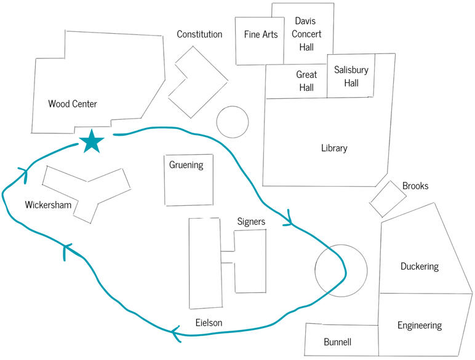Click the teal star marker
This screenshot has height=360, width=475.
click(x=92, y=142)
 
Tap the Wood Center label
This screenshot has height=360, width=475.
click(x=73, y=104)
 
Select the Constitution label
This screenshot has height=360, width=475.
click(x=199, y=34)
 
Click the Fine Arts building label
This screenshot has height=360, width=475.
click(x=261, y=35)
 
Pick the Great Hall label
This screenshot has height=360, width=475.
click(x=306, y=80)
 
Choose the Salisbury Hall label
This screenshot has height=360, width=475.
click(x=351, y=76)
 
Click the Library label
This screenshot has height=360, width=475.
click(x=334, y=148)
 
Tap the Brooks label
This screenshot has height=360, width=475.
click(x=415, y=186)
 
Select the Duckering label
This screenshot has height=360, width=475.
click(x=420, y=267)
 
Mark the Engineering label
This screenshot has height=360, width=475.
click(x=420, y=325)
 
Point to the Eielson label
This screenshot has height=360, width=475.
click(x=209, y=323)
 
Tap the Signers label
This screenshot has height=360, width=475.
click(x=251, y=221)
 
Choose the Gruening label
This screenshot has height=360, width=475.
click(x=186, y=165)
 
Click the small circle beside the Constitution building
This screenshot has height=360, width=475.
click(x=232, y=122)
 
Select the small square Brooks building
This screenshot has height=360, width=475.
click(x=388, y=198)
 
